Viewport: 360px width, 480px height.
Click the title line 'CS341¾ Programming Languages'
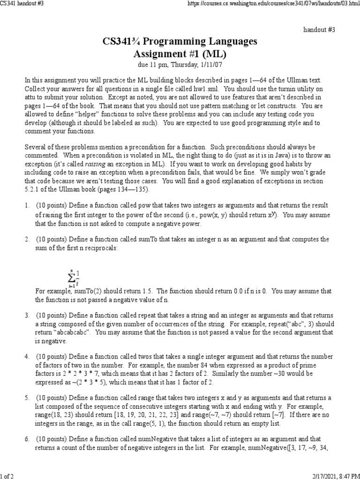(180, 42)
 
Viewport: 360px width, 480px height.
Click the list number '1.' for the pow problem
(27, 206)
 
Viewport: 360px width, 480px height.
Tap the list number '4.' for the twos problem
(27, 357)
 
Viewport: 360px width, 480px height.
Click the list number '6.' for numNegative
(27, 439)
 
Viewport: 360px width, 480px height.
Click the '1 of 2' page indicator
(7, 476)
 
